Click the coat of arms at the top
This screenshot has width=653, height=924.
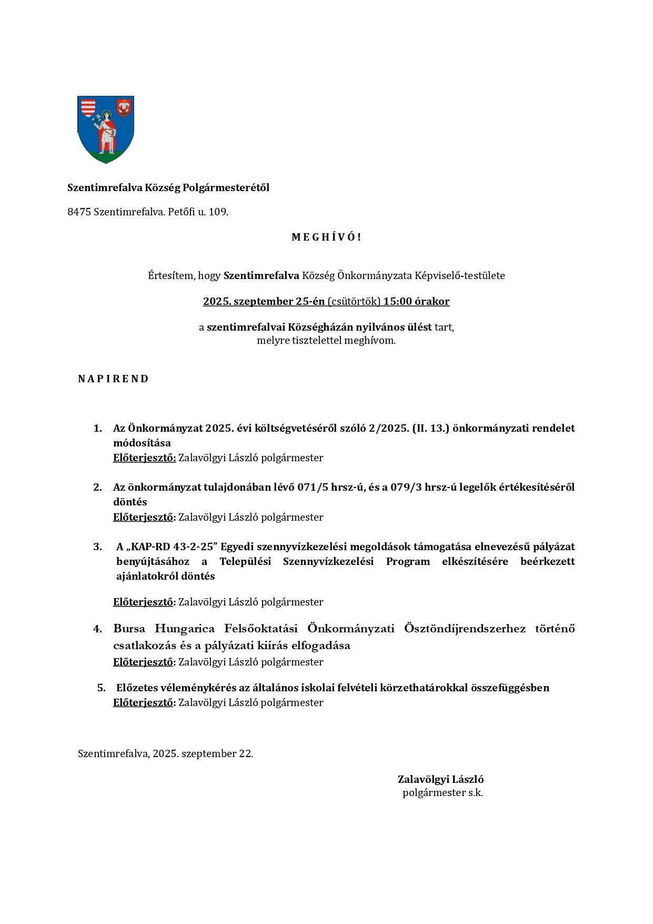pyautogui.click(x=106, y=129)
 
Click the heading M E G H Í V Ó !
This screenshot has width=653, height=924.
pyautogui.click(x=326, y=237)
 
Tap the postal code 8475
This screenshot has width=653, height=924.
pyautogui.click(x=79, y=212)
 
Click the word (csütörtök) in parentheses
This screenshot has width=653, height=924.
pyautogui.click(x=354, y=302)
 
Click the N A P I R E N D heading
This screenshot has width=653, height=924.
pyautogui.click(x=113, y=379)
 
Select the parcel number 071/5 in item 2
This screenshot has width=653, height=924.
pyautogui.click(x=313, y=487)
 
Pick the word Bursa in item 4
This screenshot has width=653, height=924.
pyautogui.click(x=127, y=629)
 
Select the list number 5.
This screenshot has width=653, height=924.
pyautogui.click(x=101, y=688)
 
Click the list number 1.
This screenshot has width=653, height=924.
pyautogui.click(x=97, y=428)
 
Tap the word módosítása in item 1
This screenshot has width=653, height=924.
pyautogui.click(x=142, y=443)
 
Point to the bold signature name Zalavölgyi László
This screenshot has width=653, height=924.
pyautogui.click(x=440, y=779)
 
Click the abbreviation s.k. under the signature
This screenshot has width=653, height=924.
pyautogui.click(x=475, y=792)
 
